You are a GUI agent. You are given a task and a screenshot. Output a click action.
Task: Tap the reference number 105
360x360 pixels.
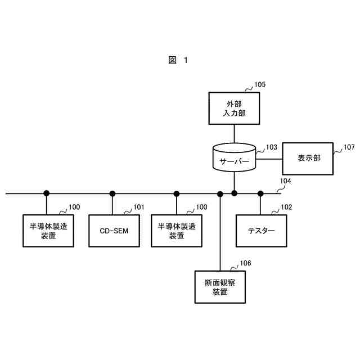[x=260, y=85]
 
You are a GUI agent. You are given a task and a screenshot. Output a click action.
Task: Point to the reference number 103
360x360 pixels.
[x=271, y=147]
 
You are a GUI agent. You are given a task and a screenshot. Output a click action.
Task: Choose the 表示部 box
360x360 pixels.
[x=309, y=158]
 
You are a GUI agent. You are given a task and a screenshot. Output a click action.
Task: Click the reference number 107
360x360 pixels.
[x=349, y=147]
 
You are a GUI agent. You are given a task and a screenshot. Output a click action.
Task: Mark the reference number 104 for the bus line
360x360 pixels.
[x=286, y=181]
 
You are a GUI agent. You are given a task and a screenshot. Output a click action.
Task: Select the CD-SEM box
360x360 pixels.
[x=112, y=231]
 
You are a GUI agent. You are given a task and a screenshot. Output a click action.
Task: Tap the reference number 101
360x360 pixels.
[x=138, y=207]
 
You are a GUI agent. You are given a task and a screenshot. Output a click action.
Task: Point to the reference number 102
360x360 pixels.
[x=286, y=207]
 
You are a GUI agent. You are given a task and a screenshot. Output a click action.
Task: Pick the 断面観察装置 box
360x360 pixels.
[x=220, y=287]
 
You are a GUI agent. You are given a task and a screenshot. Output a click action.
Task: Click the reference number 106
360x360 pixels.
[x=246, y=263]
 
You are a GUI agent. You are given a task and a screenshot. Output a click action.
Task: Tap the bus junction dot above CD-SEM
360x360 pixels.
[x=112, y=193]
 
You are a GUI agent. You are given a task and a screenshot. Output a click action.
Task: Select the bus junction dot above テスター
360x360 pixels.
[x=260, y=193]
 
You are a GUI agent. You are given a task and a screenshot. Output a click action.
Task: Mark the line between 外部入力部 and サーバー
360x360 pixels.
[x=235, y=134]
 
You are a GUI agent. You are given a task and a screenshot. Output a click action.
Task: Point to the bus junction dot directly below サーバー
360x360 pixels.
[x=235, y=193]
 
